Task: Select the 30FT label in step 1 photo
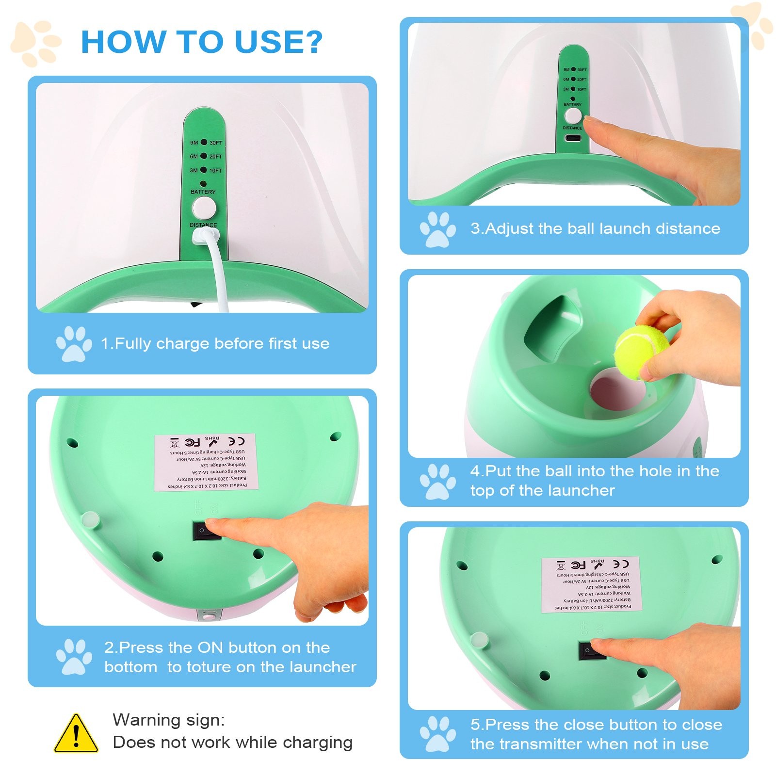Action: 216,143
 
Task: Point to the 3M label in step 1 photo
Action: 194,170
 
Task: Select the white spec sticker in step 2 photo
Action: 206,462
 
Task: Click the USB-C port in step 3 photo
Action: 573,138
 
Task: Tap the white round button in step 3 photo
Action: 573,116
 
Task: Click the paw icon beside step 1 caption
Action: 74,343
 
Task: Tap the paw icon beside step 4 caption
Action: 437,481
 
